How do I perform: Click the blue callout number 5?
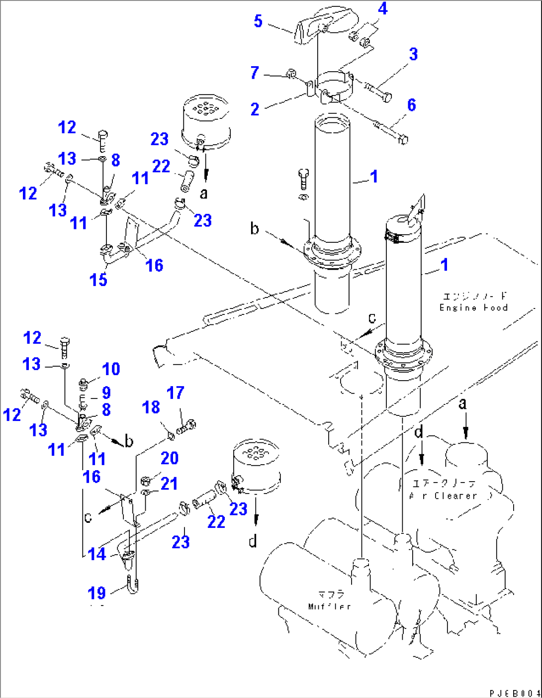[x=258, y=21]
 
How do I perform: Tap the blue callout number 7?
[x=255, y=73]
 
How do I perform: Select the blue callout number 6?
[x=411, y=105]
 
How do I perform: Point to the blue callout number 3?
[x=413, y=54]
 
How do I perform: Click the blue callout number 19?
[x=97, y=593]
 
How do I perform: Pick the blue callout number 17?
[x=176, y=393]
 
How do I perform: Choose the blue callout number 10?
[x=111, y=369]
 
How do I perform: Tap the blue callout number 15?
[x=98, y=280]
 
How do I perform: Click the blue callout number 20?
[x=170, y=458]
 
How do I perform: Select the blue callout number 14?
[x=96, y=554]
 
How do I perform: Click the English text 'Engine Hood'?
[x=473, y=308]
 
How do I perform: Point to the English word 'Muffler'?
[x=330, y=606]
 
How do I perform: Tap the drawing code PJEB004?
[x=515, y=693]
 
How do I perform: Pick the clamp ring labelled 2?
[x=333, y=85]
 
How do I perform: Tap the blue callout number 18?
[x=151, y=407]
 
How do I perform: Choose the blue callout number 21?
[x=169, y=484]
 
